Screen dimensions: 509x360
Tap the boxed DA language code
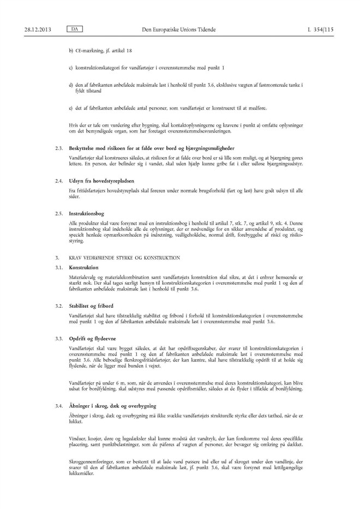coord(72,28)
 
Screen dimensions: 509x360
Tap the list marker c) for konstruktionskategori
coord(71,68)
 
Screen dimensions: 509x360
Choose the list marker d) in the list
coord(71,86)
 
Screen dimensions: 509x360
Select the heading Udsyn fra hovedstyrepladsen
coord(102,180)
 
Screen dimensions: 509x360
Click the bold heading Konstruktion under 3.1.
coord(83,267)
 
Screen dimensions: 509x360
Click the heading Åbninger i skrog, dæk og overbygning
coord(113,406)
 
